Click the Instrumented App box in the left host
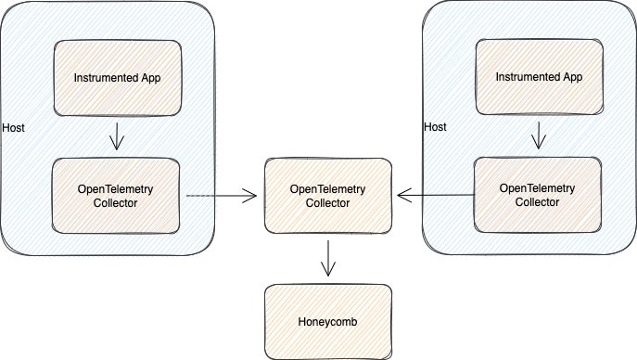(x=117, y=77)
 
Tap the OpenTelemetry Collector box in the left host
(x=116, y=196)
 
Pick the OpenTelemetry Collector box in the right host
(x=537, y=195)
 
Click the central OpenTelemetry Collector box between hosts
(x=327, y=196)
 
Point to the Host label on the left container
(x=14, y=126)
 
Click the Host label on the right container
(x=435, y=126)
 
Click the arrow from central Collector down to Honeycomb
(x=327, y=256)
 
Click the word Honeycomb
(x=327, y=322)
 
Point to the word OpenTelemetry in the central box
(x=327, y=188)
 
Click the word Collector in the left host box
(x=116, y=203)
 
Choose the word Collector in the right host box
(x=537, y=202)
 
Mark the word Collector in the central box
(x=327, y=203)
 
